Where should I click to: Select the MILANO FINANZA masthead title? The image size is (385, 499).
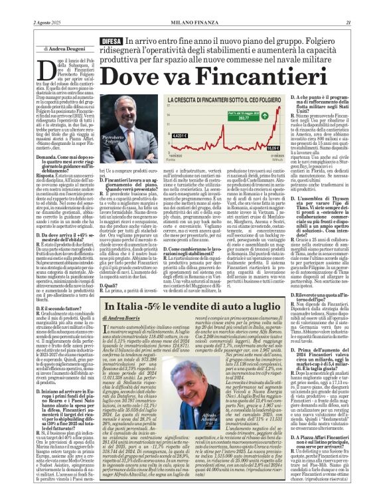pos(193,5)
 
